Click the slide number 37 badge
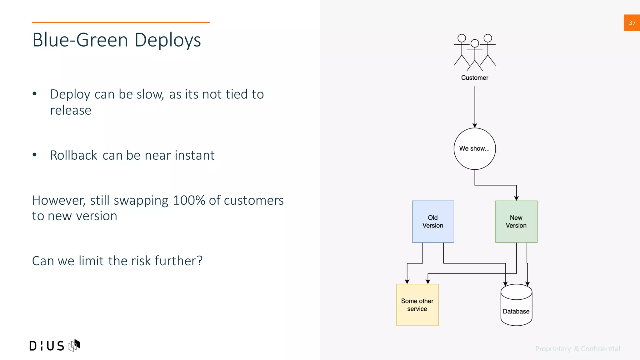(x=632, y=23)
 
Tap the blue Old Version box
(x=433, y=222)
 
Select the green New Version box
(x=516, y=222)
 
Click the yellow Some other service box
(x=417, y=305)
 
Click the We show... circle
(x=474, y=149)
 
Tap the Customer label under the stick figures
(x=474, y=78)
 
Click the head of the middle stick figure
(x=475, y=43)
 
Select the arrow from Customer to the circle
(x=475, y=106)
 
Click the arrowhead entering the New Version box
(x=516, y=198)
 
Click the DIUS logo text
(x=47, y=346)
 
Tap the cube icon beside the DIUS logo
(x=74, y=345)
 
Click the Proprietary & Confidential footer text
(x=577, y=349)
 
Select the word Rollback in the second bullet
(x=74, y=156)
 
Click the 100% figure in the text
(x=189, y=201)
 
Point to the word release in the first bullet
(x=71, y=111)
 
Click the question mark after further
(x=199, y=261)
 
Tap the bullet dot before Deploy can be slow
(x=35, y=94)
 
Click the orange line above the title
(x=121, y=22)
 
